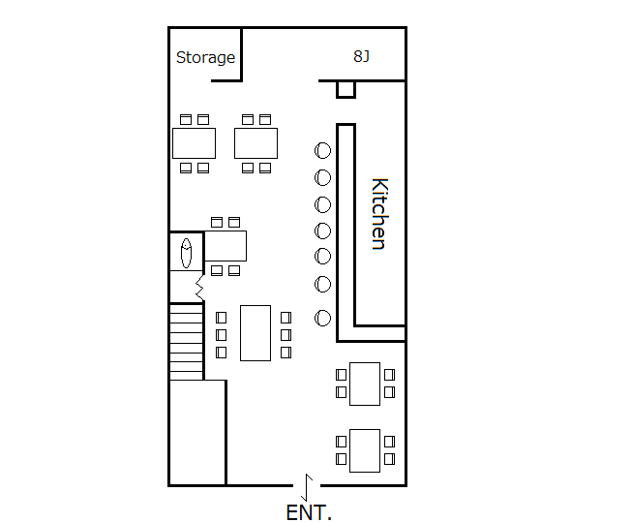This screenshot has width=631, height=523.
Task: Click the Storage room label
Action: click(205, 58)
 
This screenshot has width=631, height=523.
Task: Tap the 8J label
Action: click(361, 56)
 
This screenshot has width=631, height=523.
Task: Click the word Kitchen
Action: click(379, 214)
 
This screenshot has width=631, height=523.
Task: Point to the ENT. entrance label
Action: click(309, 513)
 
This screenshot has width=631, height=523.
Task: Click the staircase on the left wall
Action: click(187, 341)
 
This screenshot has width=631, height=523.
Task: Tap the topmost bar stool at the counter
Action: click(323, 150)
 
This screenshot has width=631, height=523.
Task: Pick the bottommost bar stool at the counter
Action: click(323, 318)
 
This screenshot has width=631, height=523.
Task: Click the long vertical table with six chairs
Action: click(255, 332)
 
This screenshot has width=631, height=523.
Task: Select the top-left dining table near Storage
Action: click(194, 143)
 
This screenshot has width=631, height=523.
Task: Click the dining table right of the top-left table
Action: click(255, 143)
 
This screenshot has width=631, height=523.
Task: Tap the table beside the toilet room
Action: click(225, 246)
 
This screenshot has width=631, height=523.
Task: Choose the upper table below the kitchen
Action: click(365, 383)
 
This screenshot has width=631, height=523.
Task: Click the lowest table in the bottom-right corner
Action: click(365, 449)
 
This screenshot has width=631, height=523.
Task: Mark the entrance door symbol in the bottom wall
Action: click(307, 483)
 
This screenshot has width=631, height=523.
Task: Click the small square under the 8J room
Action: click(346, 90)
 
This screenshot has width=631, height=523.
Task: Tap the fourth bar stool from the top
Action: click(323, 231)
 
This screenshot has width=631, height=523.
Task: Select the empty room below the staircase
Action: click(197, 432)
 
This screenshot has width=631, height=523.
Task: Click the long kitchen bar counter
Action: click(345, 232)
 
